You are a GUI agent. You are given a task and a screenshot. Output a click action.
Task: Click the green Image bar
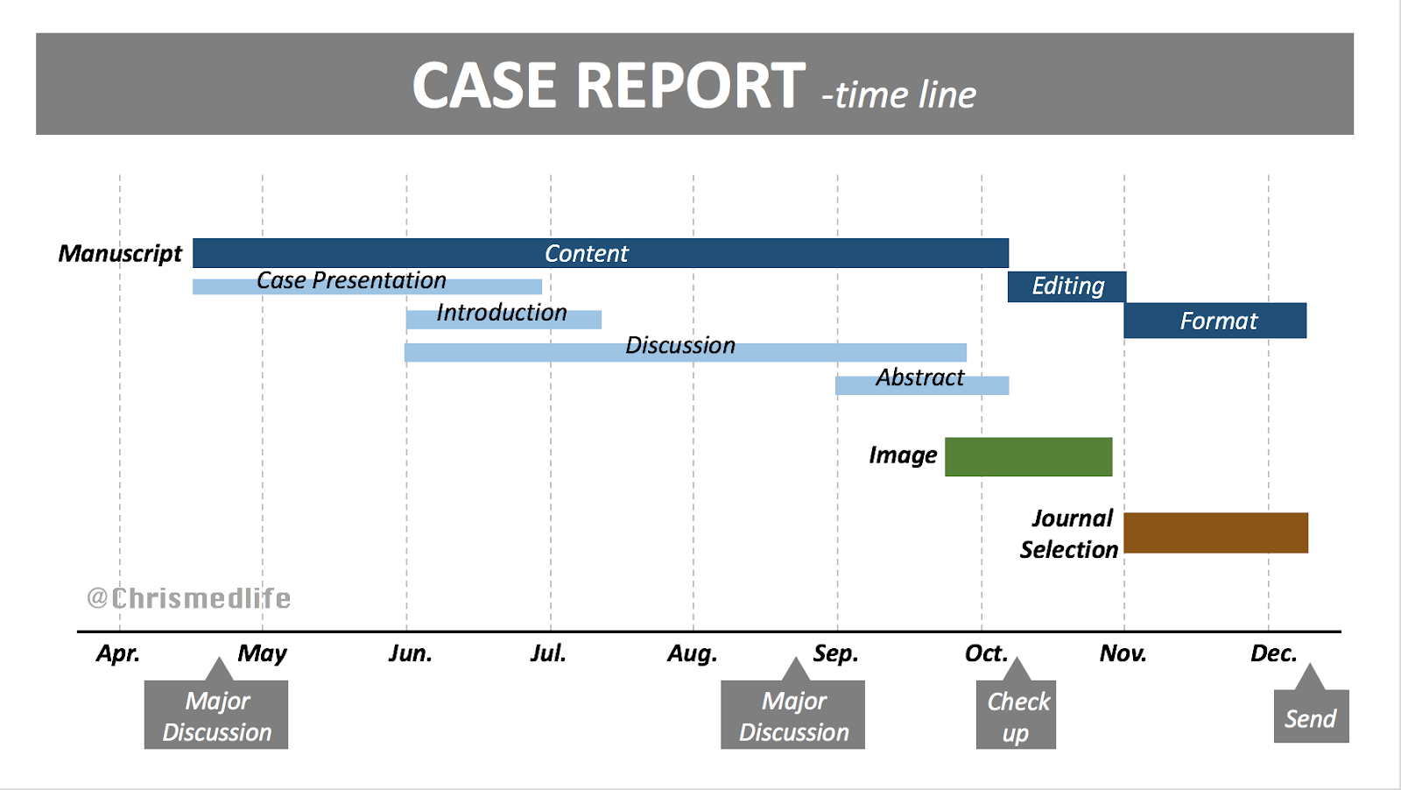(1028, 456)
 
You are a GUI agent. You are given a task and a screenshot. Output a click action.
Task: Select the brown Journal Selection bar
(1215, 533)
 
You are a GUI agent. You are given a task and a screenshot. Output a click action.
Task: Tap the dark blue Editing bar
(1067, 286)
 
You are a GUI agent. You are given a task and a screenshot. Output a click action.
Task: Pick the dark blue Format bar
(1215, 321)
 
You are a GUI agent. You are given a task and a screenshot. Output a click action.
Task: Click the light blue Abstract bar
(922, 384)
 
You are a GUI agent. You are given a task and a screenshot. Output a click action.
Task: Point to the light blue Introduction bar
(503, 320)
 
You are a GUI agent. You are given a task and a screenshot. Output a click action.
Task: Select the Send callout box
(1311, 716)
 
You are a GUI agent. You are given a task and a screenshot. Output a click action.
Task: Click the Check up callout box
(1016, 715)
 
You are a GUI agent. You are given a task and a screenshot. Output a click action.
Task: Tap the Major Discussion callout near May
(216, 715)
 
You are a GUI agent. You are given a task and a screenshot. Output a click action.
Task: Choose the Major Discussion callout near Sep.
(792, 715)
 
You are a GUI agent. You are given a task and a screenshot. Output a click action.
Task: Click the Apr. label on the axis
(118, 653)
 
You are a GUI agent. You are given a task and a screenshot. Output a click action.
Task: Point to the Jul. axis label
(548, 653)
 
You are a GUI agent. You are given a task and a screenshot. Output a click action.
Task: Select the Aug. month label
(693, 653)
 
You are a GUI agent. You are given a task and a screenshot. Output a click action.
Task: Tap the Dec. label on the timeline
(1273, 653)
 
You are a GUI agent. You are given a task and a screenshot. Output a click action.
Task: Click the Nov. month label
(1123, 653)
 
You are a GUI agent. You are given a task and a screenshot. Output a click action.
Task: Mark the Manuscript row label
(120, 254)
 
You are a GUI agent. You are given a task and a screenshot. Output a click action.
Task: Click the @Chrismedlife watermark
(189, 598)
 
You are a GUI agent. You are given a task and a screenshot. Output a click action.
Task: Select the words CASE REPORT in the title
(609, 86)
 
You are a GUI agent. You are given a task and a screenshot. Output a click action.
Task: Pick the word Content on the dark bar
(586, 254)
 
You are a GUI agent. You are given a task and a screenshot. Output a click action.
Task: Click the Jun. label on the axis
(410, 653)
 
